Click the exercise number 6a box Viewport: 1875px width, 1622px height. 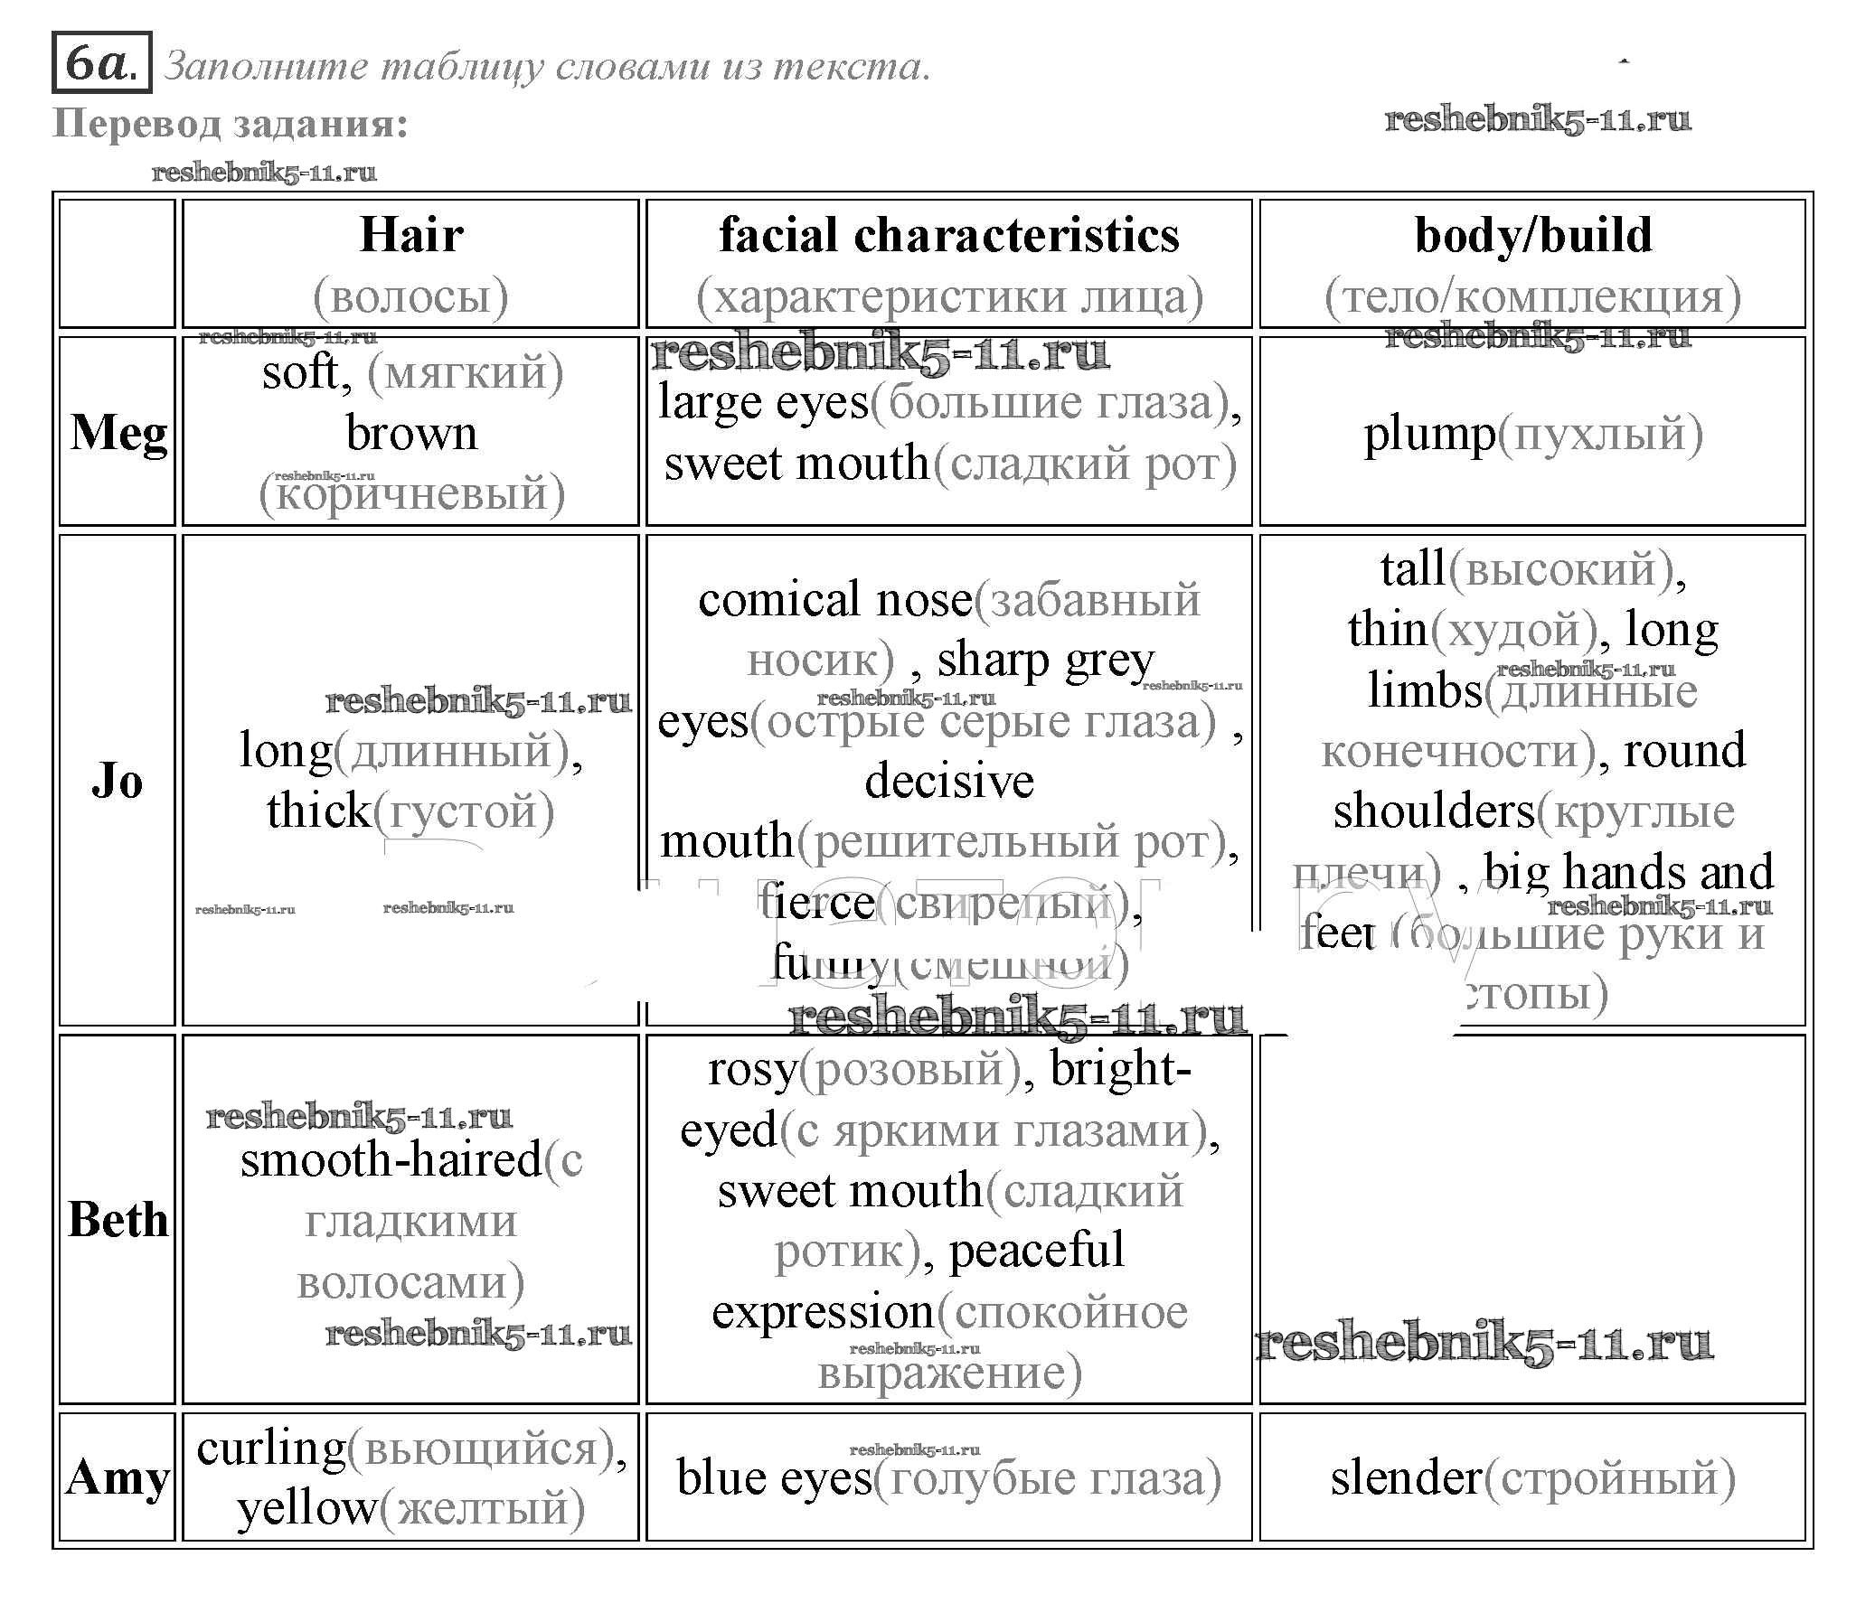(101, 63)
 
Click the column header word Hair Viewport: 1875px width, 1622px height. (411, 234)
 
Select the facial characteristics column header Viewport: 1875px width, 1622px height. (949, 235)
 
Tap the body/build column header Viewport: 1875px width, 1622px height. (1532, 235)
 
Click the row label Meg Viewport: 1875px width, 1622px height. (118, 433)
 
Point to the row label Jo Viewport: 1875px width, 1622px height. (118, 780)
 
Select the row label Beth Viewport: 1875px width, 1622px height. (118, 1219)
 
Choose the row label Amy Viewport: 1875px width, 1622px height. (118, 1477)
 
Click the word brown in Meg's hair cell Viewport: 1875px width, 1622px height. (411, 434)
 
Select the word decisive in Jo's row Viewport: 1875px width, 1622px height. (949, 781)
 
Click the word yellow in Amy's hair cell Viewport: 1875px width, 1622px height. (306, 1508)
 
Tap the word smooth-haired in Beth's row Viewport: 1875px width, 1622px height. (391, 1159)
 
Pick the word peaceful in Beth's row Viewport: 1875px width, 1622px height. (1037, 1250)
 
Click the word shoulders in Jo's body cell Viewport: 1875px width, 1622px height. (1433, 811)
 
